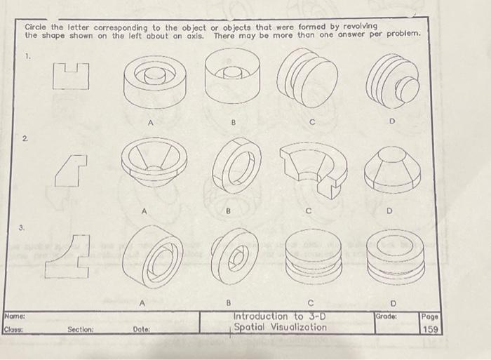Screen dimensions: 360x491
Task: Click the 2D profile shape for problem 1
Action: point(72,76)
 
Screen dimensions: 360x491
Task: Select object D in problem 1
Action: point(392,79)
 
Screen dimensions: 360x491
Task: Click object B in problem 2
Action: point(235,166)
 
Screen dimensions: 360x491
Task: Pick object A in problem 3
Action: point(153,257)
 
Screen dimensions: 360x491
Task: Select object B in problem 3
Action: point(234,253)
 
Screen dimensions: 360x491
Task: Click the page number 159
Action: point(431,328)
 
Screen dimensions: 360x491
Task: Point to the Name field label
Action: point(15,316)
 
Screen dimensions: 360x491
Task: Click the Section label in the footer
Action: point(81,328)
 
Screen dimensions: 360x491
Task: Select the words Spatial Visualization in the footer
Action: point(280,327)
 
